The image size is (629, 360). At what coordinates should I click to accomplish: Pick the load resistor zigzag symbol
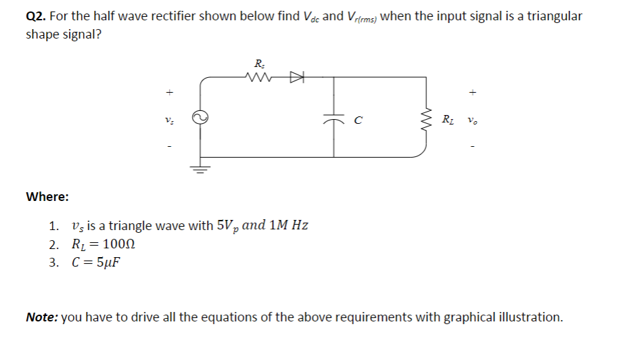coord(426,120)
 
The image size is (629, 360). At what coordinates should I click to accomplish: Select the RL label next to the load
coord(447,120)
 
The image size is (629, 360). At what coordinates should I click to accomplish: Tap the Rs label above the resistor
coord(259,64)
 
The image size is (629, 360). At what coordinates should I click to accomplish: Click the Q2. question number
coord(36,16)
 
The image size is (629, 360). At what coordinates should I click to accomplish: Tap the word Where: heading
coord(47,197)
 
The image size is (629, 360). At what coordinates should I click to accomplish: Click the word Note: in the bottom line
coord(42,317)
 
